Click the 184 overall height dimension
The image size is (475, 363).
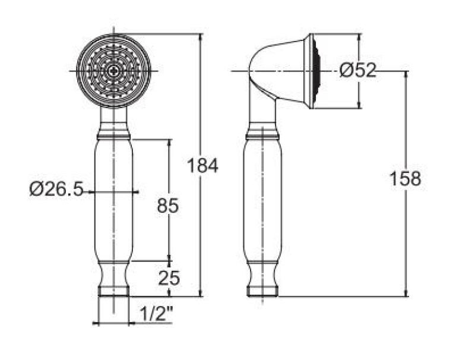tap(202, 166)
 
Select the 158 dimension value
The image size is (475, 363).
tap(406, 178)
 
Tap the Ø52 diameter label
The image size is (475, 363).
tap(359, 71)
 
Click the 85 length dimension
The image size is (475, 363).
tap(168, 206)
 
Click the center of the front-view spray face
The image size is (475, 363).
tap(113, 71)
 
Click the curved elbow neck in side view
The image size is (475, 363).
tap(261, 77)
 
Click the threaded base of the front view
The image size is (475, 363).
tap(113, 291)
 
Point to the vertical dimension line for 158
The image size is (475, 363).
tap(407, 238)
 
